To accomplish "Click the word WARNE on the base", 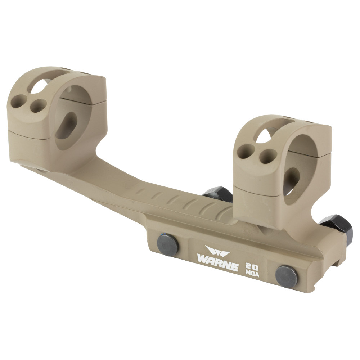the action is pos(217,262).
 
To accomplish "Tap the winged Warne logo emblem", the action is pos(217,251).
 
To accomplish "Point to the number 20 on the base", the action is pos(252,266).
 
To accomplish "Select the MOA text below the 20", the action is pos(252,274).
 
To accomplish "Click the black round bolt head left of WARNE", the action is pos(168,244).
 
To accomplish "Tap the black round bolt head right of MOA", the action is pos(286,276).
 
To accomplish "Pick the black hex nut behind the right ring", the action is pos(218,194).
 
